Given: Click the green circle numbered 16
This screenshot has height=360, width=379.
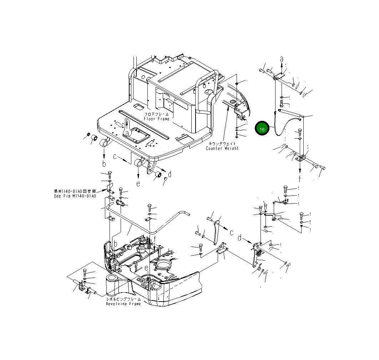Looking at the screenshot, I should point(262,129).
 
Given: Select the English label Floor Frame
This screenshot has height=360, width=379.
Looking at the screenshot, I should point(156,119).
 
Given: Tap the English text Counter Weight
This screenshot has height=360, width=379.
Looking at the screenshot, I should point(222,148).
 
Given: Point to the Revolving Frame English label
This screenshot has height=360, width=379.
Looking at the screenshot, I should point(123,304).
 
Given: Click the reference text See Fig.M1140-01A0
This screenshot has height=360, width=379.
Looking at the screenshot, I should point(75,196).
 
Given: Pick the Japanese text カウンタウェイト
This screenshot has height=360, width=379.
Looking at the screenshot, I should point(222,144).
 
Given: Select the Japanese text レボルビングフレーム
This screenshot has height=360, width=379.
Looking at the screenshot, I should point(123,299).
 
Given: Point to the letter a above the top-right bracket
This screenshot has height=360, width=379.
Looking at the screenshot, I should point(282,59).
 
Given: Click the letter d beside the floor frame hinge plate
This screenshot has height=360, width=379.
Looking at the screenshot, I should point(170,174).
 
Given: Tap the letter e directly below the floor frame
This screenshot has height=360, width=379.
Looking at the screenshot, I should point(138,184).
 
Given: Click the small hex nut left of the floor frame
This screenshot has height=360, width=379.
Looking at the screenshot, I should point(88,134).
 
